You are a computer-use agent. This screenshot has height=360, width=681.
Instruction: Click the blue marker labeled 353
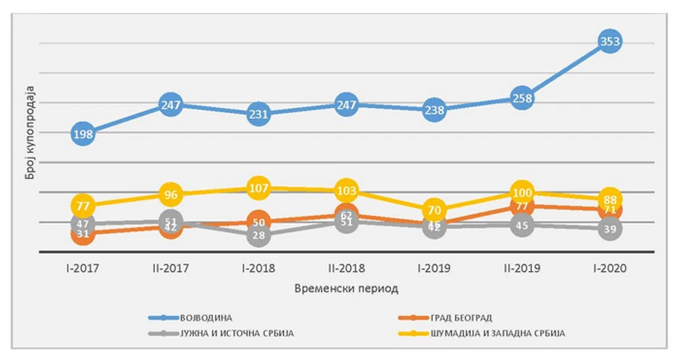point(610,42)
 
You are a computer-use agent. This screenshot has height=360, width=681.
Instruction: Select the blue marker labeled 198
point(83,133)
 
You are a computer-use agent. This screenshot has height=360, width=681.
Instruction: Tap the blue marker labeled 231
point(259,114)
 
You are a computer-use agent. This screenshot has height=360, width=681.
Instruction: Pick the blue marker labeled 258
point(522,97)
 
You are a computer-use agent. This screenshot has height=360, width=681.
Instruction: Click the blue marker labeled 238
point(434,110)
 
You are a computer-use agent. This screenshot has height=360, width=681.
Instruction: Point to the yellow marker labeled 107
point(259,188)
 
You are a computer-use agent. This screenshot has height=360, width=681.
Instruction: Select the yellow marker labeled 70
point(434,211)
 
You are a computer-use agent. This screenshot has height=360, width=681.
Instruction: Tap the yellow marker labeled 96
point(171,195)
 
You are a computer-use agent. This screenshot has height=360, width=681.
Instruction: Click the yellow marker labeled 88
point(610,200)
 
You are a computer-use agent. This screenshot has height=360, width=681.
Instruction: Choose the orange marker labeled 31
point(83,234)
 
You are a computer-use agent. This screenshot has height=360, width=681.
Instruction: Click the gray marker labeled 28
point(259,235)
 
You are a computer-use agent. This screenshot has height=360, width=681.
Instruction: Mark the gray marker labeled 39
point(610,229)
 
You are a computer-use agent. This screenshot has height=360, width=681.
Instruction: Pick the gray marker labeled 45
point(522,225)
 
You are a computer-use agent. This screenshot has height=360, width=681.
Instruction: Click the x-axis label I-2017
point(83,268)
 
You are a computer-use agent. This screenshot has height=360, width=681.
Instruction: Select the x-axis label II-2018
point(346,268)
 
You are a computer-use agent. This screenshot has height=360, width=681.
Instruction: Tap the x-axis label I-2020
point(610,268)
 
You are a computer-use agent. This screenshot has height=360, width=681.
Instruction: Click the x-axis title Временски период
point(346,288)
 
